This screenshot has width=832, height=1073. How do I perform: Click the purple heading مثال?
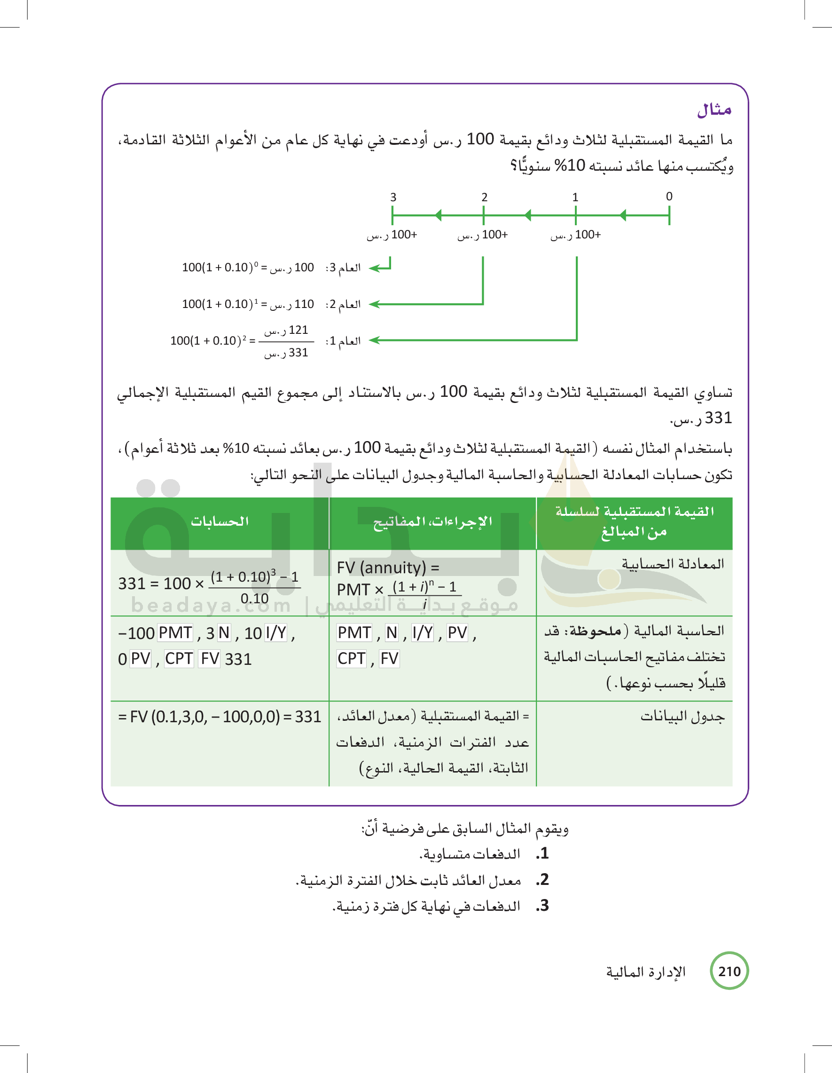point(714,110)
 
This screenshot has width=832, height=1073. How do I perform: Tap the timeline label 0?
point(669,197)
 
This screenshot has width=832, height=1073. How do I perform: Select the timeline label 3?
point(393,197)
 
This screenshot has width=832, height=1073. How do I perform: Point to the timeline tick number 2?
point(484,197)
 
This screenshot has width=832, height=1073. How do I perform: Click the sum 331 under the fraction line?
point(286,353)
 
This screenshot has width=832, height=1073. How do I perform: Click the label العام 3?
point(343,268)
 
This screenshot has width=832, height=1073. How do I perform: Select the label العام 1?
point(343,341)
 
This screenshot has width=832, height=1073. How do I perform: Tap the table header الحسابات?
point(220,521)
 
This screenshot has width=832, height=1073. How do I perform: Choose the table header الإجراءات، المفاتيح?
point(432,521)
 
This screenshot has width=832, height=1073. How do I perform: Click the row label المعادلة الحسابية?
point(672,564)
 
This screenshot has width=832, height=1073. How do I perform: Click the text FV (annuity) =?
point(387,568)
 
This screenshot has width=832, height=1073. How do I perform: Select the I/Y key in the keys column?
point(423,633)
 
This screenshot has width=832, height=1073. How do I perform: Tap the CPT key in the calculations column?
point(179,659)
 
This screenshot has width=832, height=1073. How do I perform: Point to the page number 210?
point(729,971)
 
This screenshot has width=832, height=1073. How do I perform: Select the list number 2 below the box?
point(543,880)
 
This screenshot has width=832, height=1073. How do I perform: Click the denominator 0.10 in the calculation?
point(254,599)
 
